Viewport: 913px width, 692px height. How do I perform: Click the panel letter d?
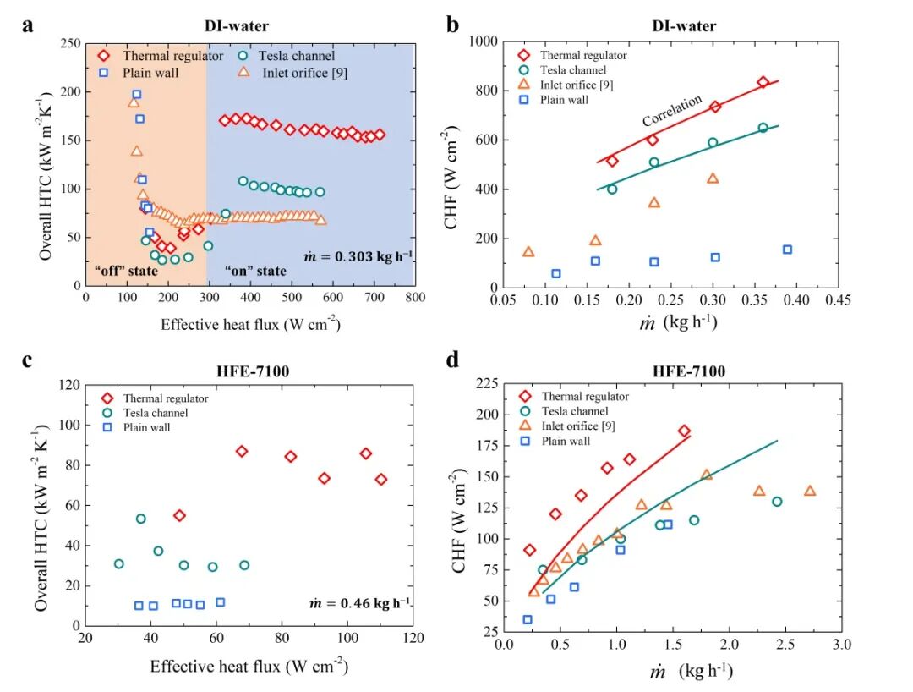tap(453, 360)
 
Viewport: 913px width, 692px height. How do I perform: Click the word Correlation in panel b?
tap(672, 111)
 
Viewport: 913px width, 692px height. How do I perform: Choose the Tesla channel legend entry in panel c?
tap(152, 413)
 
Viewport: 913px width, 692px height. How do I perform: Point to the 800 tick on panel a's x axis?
tap(414, 299)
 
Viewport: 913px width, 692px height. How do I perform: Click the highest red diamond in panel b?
tap(763, 82)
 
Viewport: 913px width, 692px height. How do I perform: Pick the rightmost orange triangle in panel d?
tap(810, 491)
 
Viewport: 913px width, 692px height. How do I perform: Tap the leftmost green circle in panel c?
tap(119, 563)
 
